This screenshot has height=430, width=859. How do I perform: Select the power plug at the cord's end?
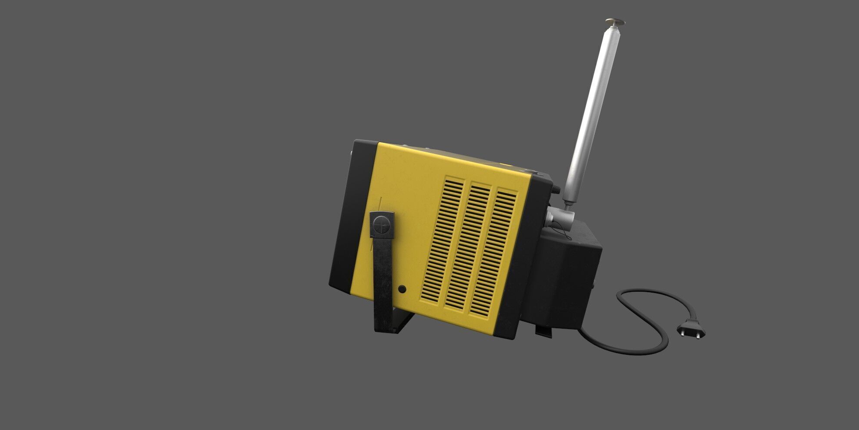(x=690, y=330)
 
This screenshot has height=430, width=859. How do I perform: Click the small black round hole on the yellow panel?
(x=402, y=289)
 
